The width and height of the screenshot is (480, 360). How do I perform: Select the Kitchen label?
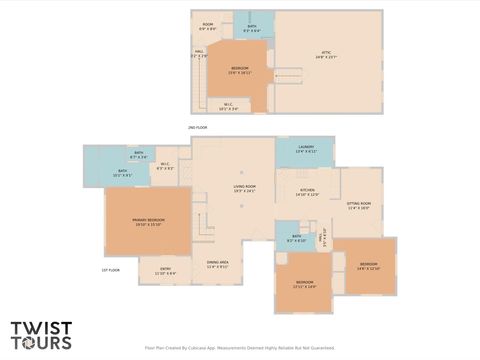click(307, 192)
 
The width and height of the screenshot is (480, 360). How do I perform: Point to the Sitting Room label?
click(358, 206)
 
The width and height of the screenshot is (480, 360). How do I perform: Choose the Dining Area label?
click(218, 264)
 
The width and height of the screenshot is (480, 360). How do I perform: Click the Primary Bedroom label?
click(148, 221)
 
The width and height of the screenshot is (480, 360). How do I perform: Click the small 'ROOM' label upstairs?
click(208, 26)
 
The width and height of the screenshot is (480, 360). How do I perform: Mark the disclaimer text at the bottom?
click(239, 349)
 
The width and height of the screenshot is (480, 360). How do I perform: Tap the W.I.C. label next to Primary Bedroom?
click(165, 166)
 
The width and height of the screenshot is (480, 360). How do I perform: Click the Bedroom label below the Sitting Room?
click(368, 265)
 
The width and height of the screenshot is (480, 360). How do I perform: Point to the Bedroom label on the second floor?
click(240, 71)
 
